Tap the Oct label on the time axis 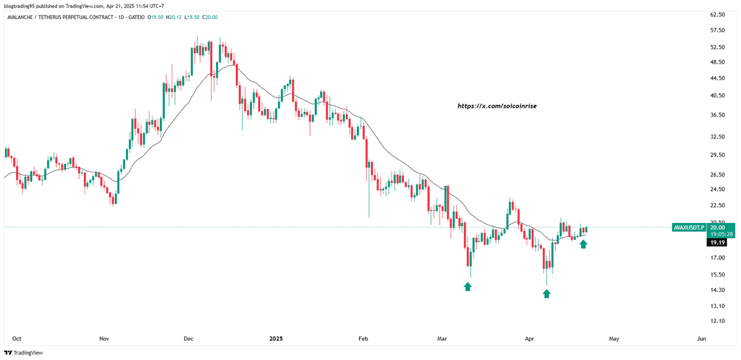[17, 338]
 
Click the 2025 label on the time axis [275, 338]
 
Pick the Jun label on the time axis [701, 338]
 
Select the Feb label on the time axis [363, 338]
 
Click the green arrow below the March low [468, 287]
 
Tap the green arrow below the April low [546, 294]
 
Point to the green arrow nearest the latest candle [584, 244]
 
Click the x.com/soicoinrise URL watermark [497, 106]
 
